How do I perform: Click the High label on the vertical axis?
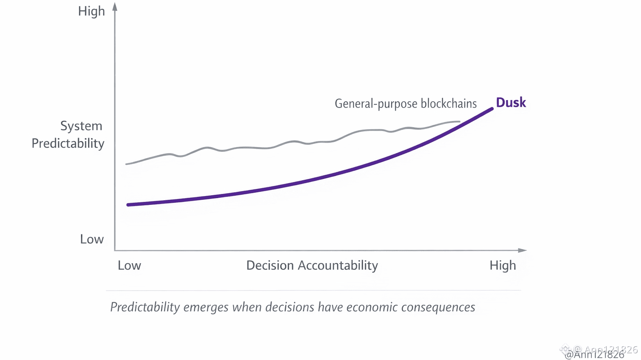click(x=91, y=11)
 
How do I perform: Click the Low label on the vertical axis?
click(x=92, y=239)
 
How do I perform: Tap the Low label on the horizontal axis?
click(x=129, y=265)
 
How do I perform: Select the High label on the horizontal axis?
click(x=502, y=265)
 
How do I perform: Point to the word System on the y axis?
click(x=81, y=126)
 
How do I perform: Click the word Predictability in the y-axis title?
click(x=68, y=143)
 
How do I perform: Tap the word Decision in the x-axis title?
click(x=270, y=265)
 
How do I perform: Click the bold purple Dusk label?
click(x=511, y=103)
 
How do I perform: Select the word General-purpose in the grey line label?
click(x=376, y=103)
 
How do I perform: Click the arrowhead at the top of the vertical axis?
click(x=115, y=7)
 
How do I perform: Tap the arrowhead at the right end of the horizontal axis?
click(x=522, y=250)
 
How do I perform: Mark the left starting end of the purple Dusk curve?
click(x=129, y=205)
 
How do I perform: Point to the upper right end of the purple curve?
click(x=492, y=109)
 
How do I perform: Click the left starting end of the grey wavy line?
click(x=126, y=164)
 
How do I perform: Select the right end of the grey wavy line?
click(x=459, y=121)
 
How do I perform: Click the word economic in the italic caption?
click(x=372, y=307)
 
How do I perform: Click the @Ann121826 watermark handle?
click(x=594, y=355)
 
